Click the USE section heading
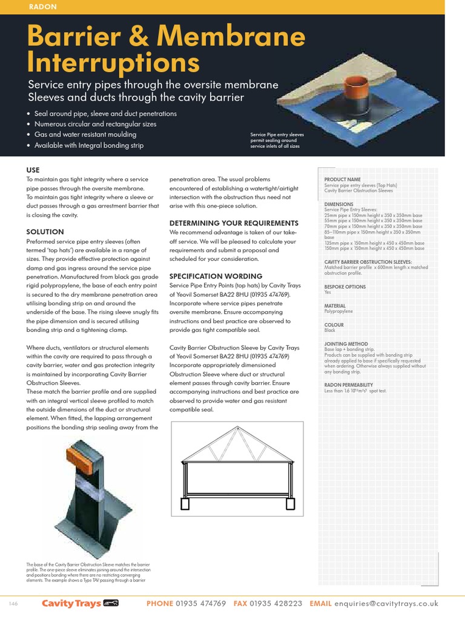[x=33, y=170]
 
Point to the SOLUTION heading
[x=45, y=232]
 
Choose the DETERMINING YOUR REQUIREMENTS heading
[x=234, y=223]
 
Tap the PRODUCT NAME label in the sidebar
[x=343, y=180]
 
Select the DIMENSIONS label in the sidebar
[x=338, y=204]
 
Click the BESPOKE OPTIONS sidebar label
[x=345, y=286]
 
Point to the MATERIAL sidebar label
[x=335, y=306]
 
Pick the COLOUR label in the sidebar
[x=334, y=325]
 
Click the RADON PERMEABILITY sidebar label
[x=349, y=385]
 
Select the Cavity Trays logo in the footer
[x=79, y=603]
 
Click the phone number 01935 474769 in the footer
[x=201, y=603]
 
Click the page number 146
[x=13, y=604]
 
